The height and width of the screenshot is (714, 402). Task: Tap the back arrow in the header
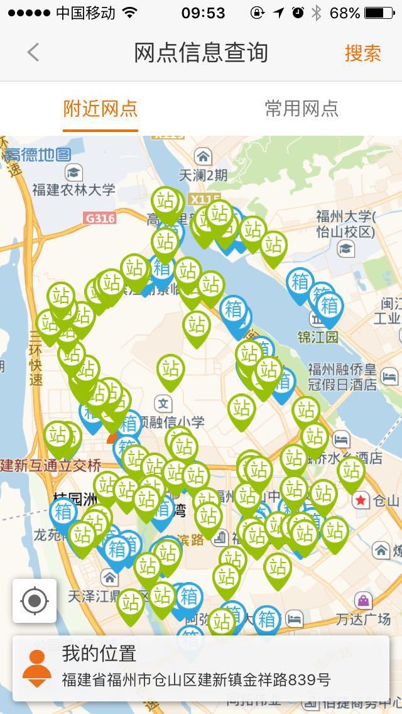(x=33, y=53)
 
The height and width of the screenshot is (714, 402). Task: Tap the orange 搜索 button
(x=362, y=53)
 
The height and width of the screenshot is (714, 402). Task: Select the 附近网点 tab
(x=100, y=109)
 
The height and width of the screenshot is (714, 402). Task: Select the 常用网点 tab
(x=301, y=109)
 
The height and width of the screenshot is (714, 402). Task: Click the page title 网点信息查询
(x=201, y=53)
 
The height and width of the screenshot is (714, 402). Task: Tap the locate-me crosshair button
(x=35, y=601)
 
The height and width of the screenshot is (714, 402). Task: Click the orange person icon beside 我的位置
(x=37, y=668)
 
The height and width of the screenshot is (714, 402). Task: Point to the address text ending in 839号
(x=196, y=680)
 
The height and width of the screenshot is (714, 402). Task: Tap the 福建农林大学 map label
(x=74, y=189)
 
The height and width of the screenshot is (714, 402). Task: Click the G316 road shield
(x=99, y=218)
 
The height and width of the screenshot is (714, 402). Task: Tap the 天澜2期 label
(x=203, y=175)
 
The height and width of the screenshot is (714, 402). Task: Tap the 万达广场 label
(x=363, y=619)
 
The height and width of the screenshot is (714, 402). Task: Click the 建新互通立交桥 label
(x=50, y=466)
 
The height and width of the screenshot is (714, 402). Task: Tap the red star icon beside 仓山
(x=361, y=500)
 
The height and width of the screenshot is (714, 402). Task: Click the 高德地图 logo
(x=38, y=154)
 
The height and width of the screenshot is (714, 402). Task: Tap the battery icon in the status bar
(x=382, y=13)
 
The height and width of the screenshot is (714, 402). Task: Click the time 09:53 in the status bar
(x=202, y=13)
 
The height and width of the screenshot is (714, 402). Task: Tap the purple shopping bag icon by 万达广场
(x=363, y=600)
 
